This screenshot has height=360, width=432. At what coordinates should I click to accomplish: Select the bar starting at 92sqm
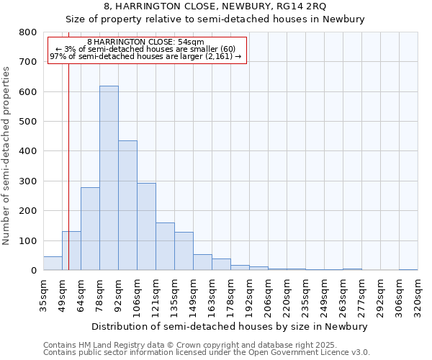tap(127, 205)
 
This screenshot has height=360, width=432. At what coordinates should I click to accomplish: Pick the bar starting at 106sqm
tap(146, 226)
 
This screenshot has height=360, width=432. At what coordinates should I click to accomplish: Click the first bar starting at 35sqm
tap(53, 263)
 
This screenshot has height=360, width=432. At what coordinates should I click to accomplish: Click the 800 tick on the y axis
tap(28, 32)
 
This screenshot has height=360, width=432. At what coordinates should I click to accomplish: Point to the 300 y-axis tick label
tap(28, 181)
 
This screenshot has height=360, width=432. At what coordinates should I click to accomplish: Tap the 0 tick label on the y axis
tap(33, 270)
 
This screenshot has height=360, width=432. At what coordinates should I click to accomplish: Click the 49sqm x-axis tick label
tap(62, 291)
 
